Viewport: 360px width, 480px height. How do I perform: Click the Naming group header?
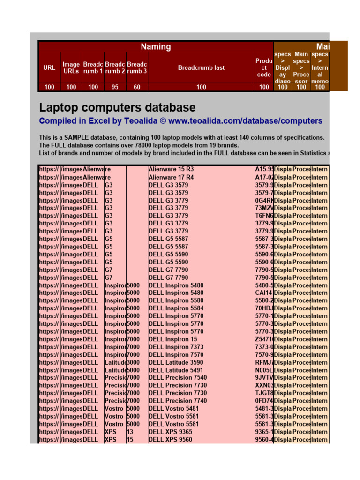coord(156,46)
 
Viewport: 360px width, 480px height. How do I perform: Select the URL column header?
coord(49,67)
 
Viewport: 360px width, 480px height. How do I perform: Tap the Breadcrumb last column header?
coord(201,67)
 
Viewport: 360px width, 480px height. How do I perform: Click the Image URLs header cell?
coord(71,67)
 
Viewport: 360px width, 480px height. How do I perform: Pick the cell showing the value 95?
coord(115,87)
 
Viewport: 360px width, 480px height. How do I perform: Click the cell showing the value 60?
coord(137,87)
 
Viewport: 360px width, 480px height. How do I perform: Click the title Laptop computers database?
coord(117,107)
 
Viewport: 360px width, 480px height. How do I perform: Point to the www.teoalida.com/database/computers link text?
coord(245,121)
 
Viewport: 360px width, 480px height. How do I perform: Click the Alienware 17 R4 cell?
coord(171,177)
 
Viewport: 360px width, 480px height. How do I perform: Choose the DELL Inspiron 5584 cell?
coord(176,308)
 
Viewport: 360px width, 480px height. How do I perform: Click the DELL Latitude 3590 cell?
coord(176,362)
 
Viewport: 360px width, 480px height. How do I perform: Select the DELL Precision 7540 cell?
coord(178,378)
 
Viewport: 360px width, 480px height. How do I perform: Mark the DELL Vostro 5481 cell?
coord(173,408)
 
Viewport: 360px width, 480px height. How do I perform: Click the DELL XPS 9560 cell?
coord(170,439)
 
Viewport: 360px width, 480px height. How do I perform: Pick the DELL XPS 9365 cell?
coord(170,432)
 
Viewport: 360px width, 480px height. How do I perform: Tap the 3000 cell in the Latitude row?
coord(134,362)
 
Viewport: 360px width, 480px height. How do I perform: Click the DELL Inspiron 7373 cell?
coord(176,347)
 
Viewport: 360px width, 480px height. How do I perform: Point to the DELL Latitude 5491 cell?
coord(176,370)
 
